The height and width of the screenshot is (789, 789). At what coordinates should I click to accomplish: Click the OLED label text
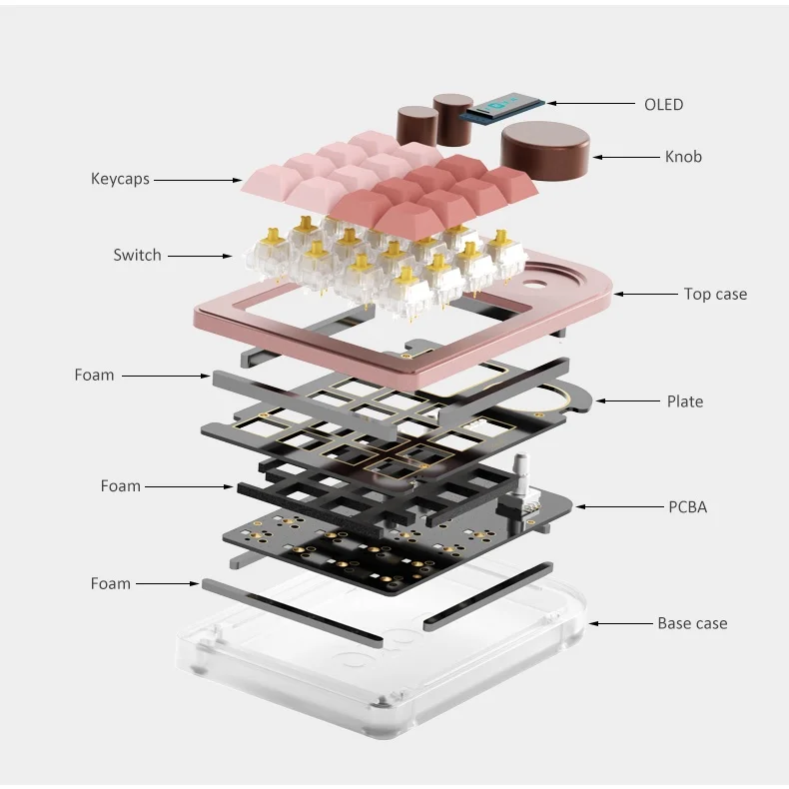tap(663, 104)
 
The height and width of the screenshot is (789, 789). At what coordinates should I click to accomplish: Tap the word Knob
tap(683, 156)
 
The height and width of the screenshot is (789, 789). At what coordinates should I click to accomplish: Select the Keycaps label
tap(120, 179)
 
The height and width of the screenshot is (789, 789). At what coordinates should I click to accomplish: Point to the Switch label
tap(137, 255)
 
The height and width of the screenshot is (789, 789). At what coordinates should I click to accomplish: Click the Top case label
tap(715, 294)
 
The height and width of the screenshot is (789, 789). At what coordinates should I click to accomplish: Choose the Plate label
tap(685, 401)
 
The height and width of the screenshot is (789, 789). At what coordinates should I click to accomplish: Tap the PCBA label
tap(687, 506)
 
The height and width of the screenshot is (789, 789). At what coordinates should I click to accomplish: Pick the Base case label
tap(692, 623)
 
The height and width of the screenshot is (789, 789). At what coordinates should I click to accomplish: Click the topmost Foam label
tap(94, 376)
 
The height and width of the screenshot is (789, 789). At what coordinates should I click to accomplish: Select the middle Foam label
tap(121, 486)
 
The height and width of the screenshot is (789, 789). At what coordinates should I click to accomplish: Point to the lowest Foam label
tap(110, 583)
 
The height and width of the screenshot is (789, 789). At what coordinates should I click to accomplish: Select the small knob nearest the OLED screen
tap(453, 113)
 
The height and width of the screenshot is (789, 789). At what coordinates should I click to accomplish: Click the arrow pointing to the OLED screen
tap(589, 103)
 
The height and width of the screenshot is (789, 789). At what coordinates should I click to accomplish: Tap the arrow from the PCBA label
tap(615, 506)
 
